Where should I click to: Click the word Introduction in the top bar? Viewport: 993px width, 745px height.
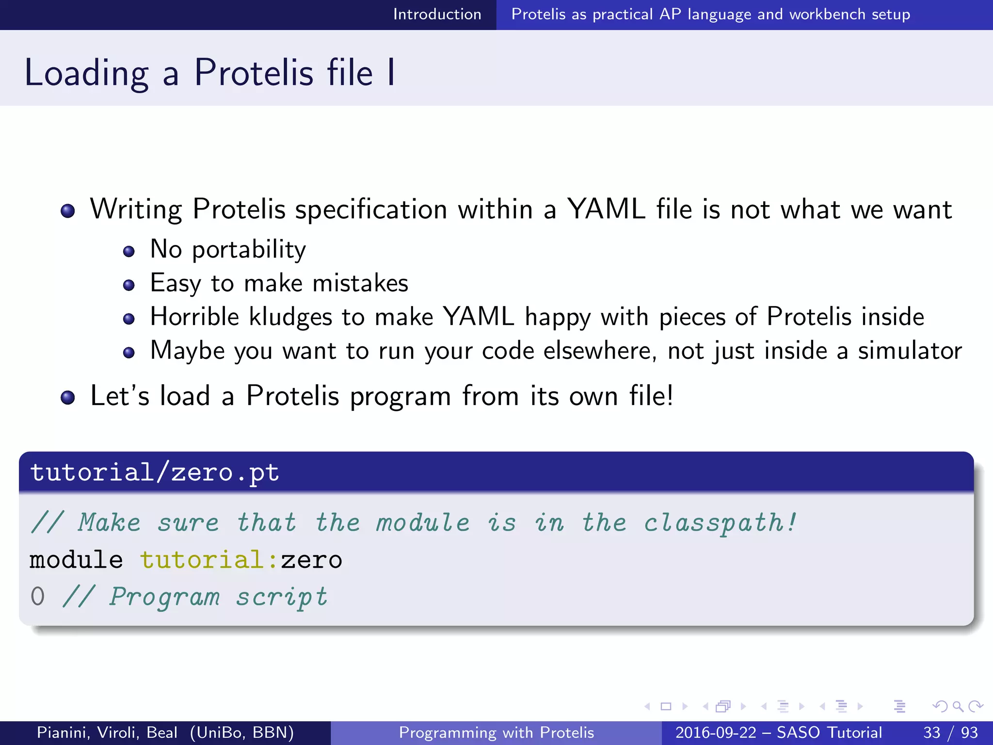click(x=437, y=15)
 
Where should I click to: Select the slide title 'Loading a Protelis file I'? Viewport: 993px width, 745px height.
click(x=209, y=73)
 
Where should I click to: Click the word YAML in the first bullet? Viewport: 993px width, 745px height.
click(x=606, y=209)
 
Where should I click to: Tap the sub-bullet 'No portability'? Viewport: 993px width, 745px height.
click(x=228, y=250)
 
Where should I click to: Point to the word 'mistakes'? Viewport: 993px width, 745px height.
click(x=360, y=283)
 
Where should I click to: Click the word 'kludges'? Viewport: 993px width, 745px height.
click(x=290, y=317)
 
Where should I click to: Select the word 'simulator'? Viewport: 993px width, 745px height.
click(x=910, y=351)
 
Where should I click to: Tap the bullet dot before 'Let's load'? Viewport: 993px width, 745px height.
click(x=68, y=398)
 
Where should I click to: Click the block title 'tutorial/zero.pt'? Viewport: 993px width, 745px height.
click(x=155, y=472)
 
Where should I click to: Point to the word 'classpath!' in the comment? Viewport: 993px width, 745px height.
click(x=720, y=523)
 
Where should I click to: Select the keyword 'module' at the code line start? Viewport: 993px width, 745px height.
click(x=76, y=560)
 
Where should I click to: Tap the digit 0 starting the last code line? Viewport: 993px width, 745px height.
click(x=37, y=597)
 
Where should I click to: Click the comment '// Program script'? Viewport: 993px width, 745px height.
click(x=195, y=597)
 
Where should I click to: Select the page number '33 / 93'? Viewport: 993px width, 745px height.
click(x=950, y=732)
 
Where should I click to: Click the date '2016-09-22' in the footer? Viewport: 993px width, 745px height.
click(x=716, y=732)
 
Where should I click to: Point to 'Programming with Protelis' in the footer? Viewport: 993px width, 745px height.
click(x=496, y=732)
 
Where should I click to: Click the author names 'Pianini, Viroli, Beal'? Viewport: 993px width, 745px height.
click(x=107, y=732)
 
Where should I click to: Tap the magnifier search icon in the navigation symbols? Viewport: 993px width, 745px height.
click(x=958, y=706)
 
